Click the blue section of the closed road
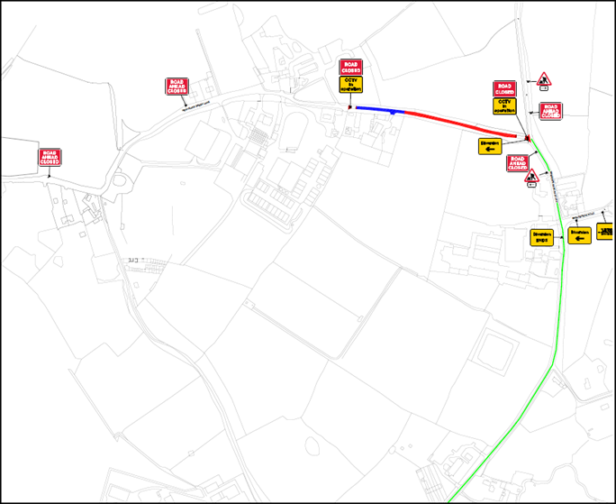tap(378, 110)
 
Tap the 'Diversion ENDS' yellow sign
tap(541, 236)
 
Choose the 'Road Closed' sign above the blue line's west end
tap(349, 67)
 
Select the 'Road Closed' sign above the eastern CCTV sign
tap(503, 88)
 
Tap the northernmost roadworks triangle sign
tap(543, 81)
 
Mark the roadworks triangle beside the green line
tap(532, 176)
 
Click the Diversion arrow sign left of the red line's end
tap(490, 146)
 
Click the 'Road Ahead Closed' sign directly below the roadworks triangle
tap(549, 110)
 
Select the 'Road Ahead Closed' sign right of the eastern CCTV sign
tap(549, 110)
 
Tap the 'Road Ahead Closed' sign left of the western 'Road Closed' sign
tap(177, 87)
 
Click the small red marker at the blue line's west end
tap(350, 107)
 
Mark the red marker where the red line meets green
tap(528, 138)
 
